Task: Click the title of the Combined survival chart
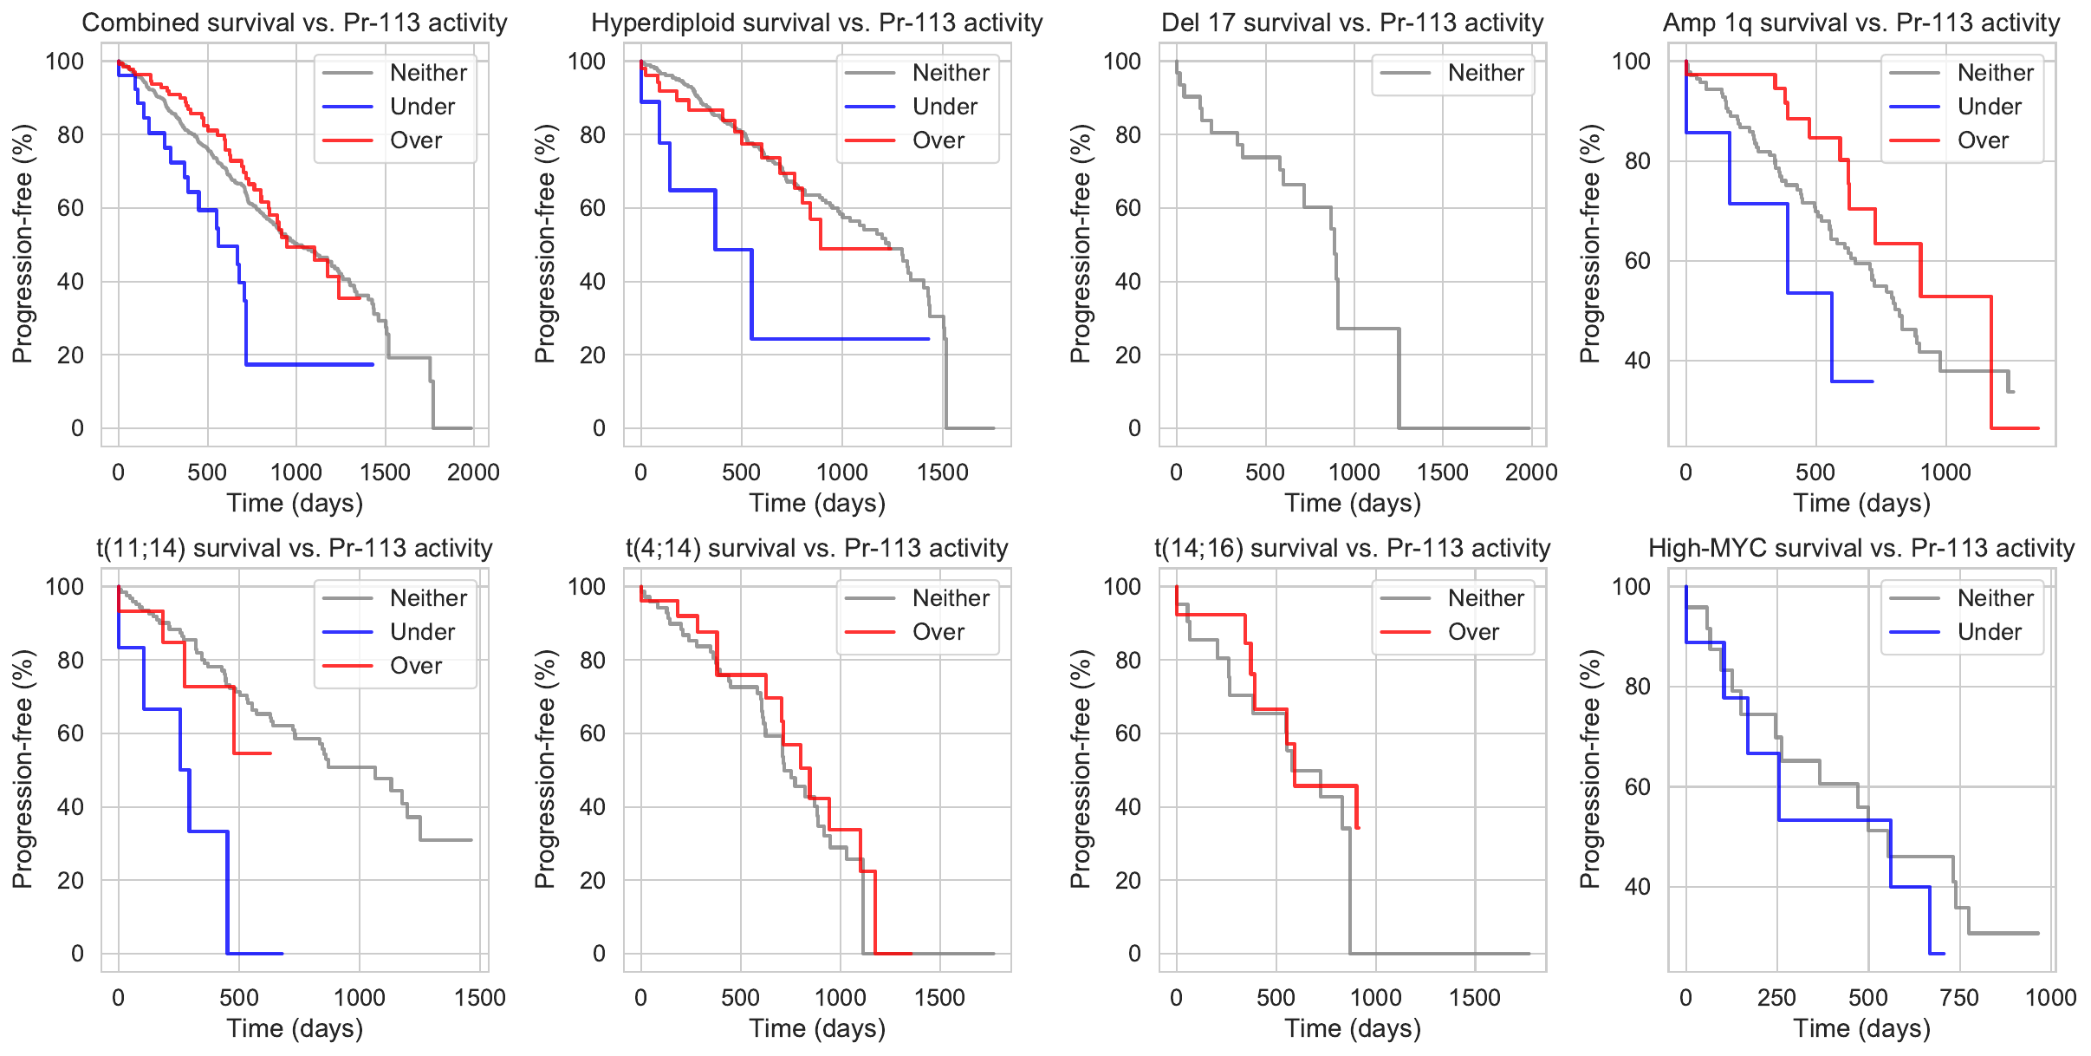[295, 23]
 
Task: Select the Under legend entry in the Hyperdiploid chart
[944, 107]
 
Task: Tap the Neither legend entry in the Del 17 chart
[1485, 73]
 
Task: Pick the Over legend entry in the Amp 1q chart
[1983, 140]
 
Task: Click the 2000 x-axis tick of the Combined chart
[473, 473]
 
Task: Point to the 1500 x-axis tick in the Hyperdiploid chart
[943, 473]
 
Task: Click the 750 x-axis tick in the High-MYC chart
[1959, 998]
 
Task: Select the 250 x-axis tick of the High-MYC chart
[1776, 998]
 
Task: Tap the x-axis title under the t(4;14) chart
[817, 1029]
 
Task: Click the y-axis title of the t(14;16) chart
[1080, 769]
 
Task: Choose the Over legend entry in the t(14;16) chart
[1473, 632]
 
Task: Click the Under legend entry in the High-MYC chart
[1989, 632]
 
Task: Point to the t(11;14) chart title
[295, 548]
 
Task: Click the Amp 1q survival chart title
[1861, 23]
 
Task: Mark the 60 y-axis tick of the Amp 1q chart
[1637, 261]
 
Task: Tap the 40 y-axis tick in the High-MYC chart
[1637, 887]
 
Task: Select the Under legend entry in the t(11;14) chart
[422, 632]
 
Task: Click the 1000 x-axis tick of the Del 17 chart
[1354, 473]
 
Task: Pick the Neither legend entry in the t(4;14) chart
[951, 598]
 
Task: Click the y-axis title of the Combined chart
[23, 244]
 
